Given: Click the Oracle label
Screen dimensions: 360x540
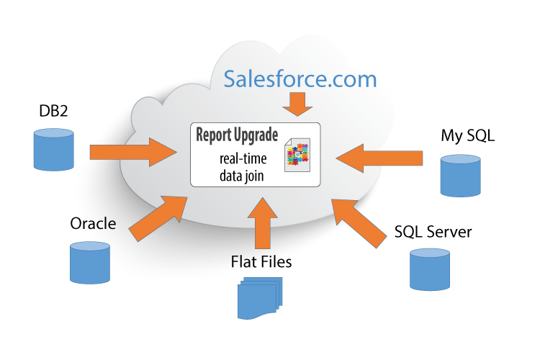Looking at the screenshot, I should click(x=93, y=223).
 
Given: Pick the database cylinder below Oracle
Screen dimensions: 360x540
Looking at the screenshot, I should click(x=90, y=262).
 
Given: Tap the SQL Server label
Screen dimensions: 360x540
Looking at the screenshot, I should click(x=433, y=232).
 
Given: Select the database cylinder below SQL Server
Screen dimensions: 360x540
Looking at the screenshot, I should click(x=430, y=269).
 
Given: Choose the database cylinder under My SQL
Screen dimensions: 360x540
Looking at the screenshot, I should click(x=461, y=176).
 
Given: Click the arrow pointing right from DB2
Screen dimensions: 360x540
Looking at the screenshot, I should click(x=134, y=152).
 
